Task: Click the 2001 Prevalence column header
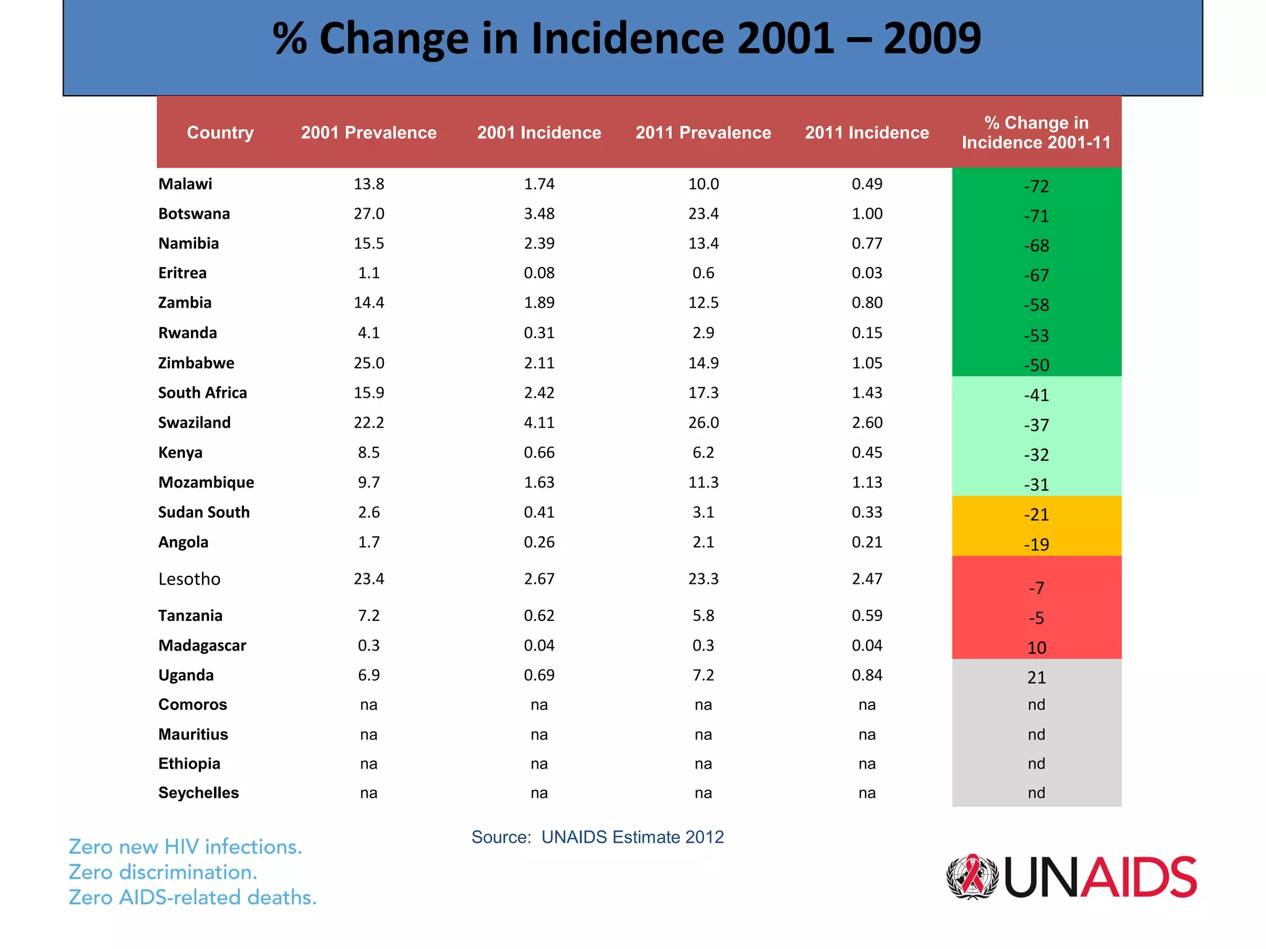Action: coord(368,132)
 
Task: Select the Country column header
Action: coord(220,132)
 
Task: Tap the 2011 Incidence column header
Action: coord(867,132)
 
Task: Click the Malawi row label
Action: coord(185,183)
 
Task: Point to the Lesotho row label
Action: coord(189,579)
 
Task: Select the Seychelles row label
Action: coord(198,793)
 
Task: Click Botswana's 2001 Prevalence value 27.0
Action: coord(368,213)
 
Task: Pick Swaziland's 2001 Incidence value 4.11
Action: coord(539,423)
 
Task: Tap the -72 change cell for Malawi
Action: coord(1036,186)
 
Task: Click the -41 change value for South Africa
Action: coord(1036,395)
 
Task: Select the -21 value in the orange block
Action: coord(1036,514)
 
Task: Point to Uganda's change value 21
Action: coord(1036,677)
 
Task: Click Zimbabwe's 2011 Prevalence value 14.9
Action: coord(703,363)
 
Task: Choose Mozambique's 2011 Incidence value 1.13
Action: coord(867,482)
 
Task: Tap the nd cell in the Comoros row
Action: coord(1036,704)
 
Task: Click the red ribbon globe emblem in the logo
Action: coord(972,877)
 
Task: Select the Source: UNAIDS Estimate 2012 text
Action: coord(597,837)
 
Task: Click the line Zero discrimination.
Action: coord(163,872)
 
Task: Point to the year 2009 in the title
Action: coord(932,38)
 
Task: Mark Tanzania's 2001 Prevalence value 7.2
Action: coord(368,615)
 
